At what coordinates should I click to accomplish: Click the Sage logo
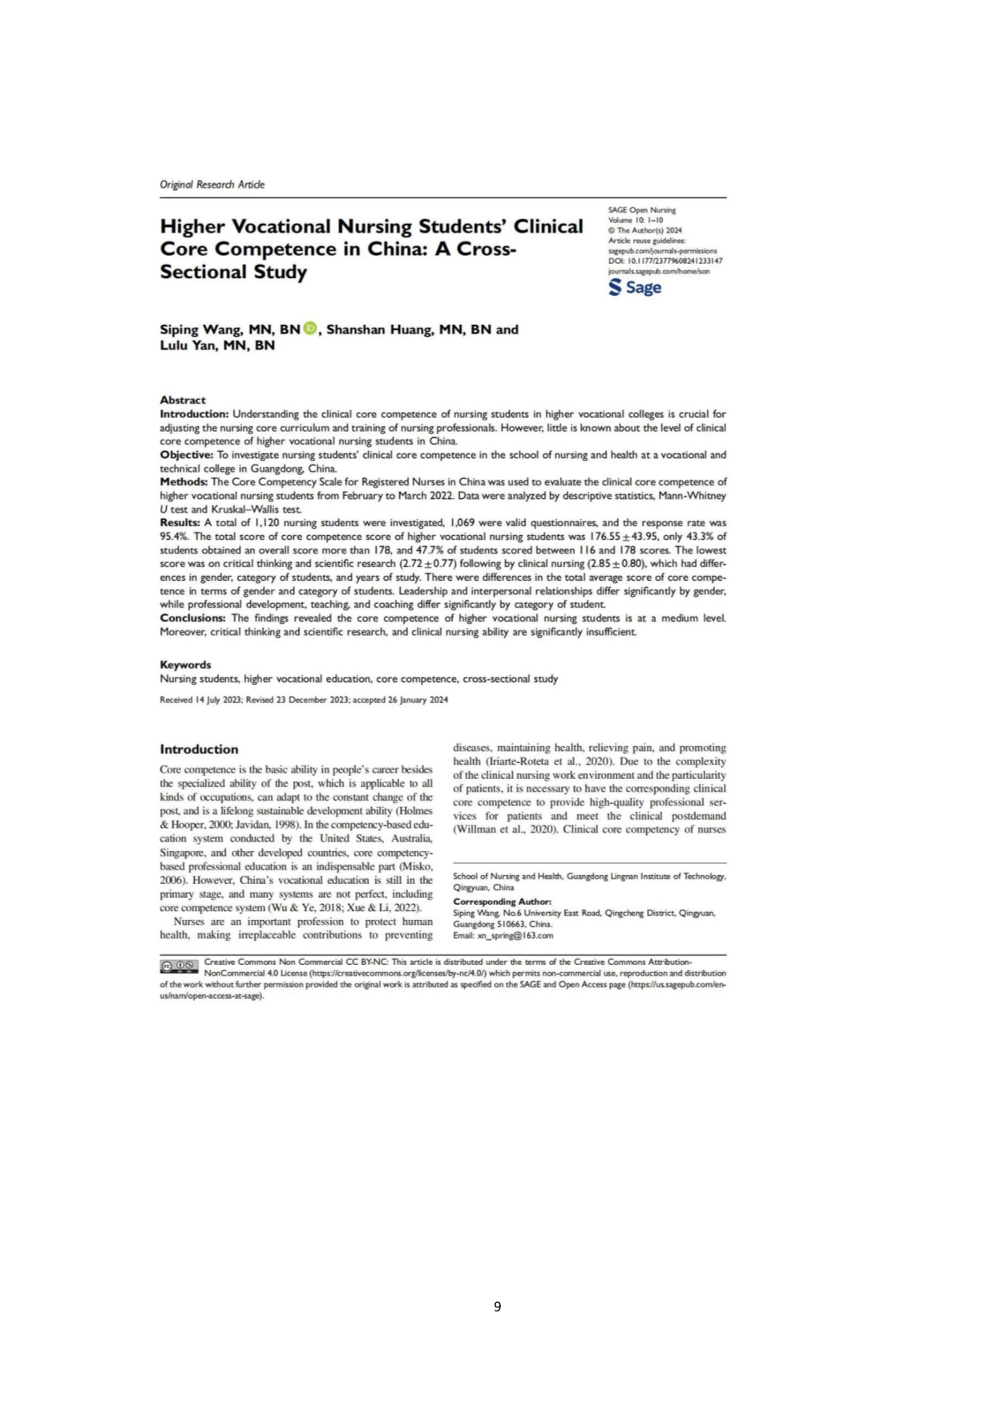635,287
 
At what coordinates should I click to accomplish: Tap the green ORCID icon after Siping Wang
311,328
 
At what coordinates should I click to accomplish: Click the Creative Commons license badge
178,965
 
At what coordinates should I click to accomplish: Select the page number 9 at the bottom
497,1306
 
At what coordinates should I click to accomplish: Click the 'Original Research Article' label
212,184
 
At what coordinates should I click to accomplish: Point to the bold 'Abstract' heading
183,399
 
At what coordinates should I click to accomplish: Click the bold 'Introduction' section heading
199,749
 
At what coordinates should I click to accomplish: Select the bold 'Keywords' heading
185,664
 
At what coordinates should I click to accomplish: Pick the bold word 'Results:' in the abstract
180,523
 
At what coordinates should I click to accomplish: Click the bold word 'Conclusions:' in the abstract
193,618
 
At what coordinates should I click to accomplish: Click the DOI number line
665,261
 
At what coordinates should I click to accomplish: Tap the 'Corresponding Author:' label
502,902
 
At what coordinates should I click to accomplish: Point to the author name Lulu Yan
189,346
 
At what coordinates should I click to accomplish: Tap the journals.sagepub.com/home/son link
659,271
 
